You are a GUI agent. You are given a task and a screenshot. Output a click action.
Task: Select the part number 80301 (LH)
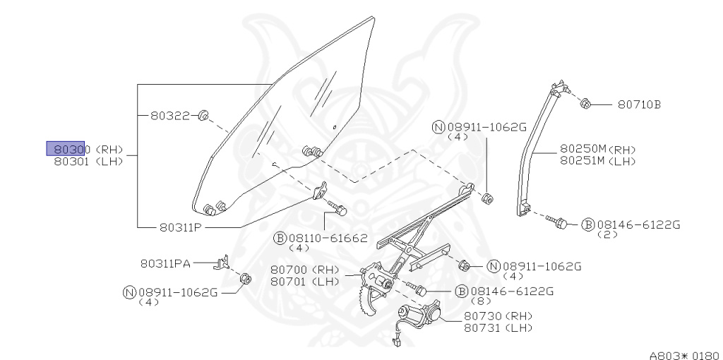[x=88, y=162]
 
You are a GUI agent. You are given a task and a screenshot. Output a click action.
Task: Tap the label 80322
[x=169, y=115]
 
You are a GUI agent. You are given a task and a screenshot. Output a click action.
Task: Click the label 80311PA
[x=165, y=264]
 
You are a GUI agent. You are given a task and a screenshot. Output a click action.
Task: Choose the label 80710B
[x=639, y=105]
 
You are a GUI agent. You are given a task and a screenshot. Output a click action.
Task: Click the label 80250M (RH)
[x=597, y=150]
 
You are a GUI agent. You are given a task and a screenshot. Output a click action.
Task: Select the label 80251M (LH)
[x=597, y=161]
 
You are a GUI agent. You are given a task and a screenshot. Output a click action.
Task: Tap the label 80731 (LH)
[x=498, y=328]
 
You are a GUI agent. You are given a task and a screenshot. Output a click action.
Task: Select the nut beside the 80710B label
[x=585, y=104]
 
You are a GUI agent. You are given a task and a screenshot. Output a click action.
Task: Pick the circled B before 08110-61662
[x=280, y=238]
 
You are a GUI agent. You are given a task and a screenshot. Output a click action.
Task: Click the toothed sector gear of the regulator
[x=368, y=297]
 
